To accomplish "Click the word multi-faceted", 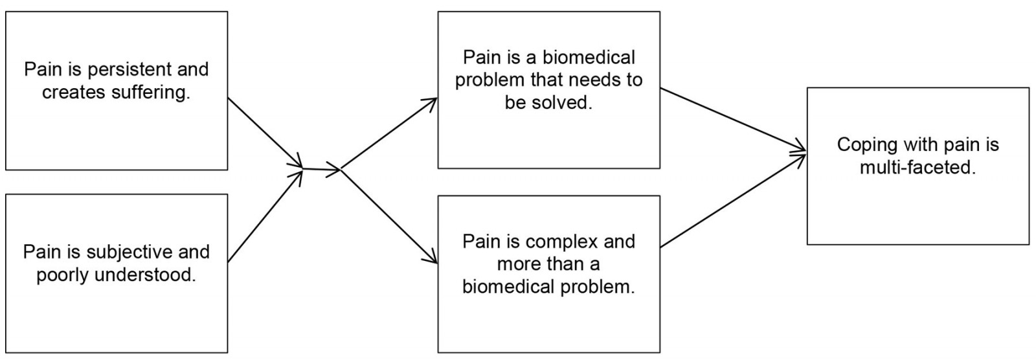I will [918, 167].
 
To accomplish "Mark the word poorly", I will [63, 275].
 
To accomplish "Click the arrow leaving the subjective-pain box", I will [265, 216].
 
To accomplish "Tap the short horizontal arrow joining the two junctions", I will [322, 170].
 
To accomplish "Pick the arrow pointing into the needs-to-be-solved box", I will [388, 135].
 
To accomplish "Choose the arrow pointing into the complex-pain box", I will [388, 216].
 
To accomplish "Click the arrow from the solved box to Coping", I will [733, 120].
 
